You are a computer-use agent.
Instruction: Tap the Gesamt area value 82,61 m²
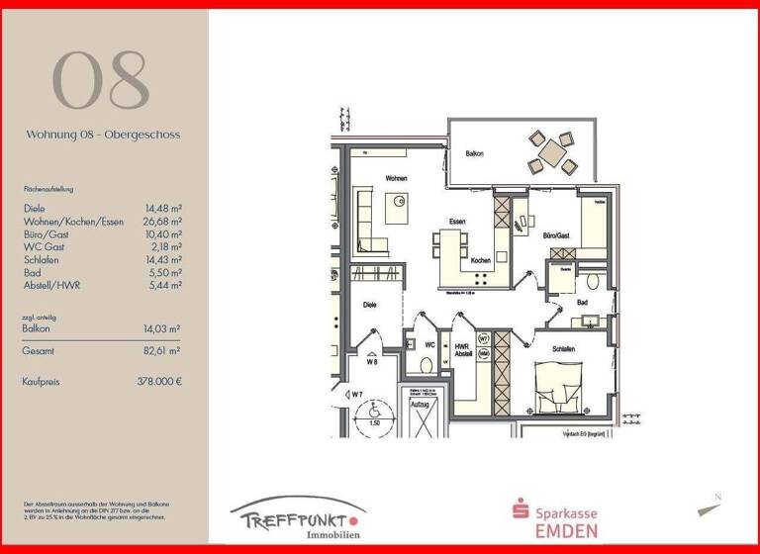coord(161,351)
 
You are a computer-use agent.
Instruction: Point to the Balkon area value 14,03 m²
coord(162,327)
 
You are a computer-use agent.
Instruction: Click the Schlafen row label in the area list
coord(41,260)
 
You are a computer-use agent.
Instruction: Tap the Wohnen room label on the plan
coord(398,178)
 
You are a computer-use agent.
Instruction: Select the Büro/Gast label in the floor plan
coord(556,236)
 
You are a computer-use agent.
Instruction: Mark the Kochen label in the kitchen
coord(481,260)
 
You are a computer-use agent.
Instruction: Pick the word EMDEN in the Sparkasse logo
coord(569,530)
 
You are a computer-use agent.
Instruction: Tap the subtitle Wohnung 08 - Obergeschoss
coord(103,134)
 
